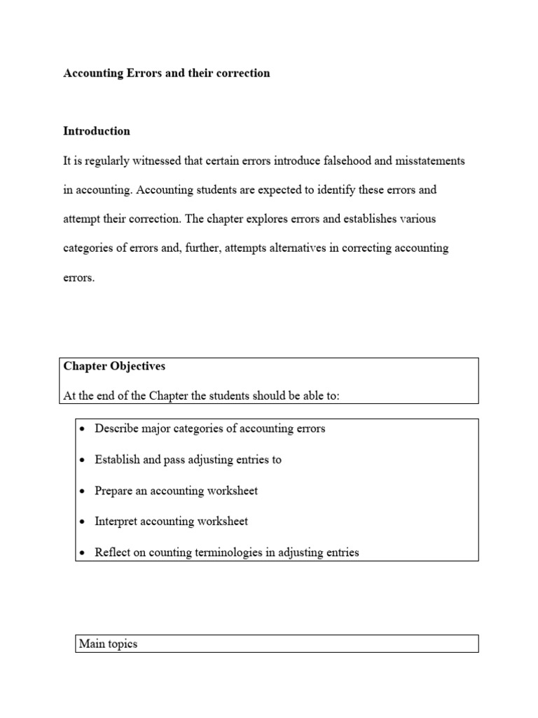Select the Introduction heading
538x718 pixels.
pyautogui.click(x=97, y=131)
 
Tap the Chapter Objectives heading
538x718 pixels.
pyautogui.click(x=114, y=366)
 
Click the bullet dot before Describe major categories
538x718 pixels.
pyautogui.click(x=83, y=429)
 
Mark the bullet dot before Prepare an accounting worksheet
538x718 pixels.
pyautogui.click(x=83, y=491)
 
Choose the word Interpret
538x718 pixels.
pyautogui.click(x=117, y=522)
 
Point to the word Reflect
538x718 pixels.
pyautogui.click(x=113, y=553)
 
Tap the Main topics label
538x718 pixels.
pyautogui.click(x=108, y=644)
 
